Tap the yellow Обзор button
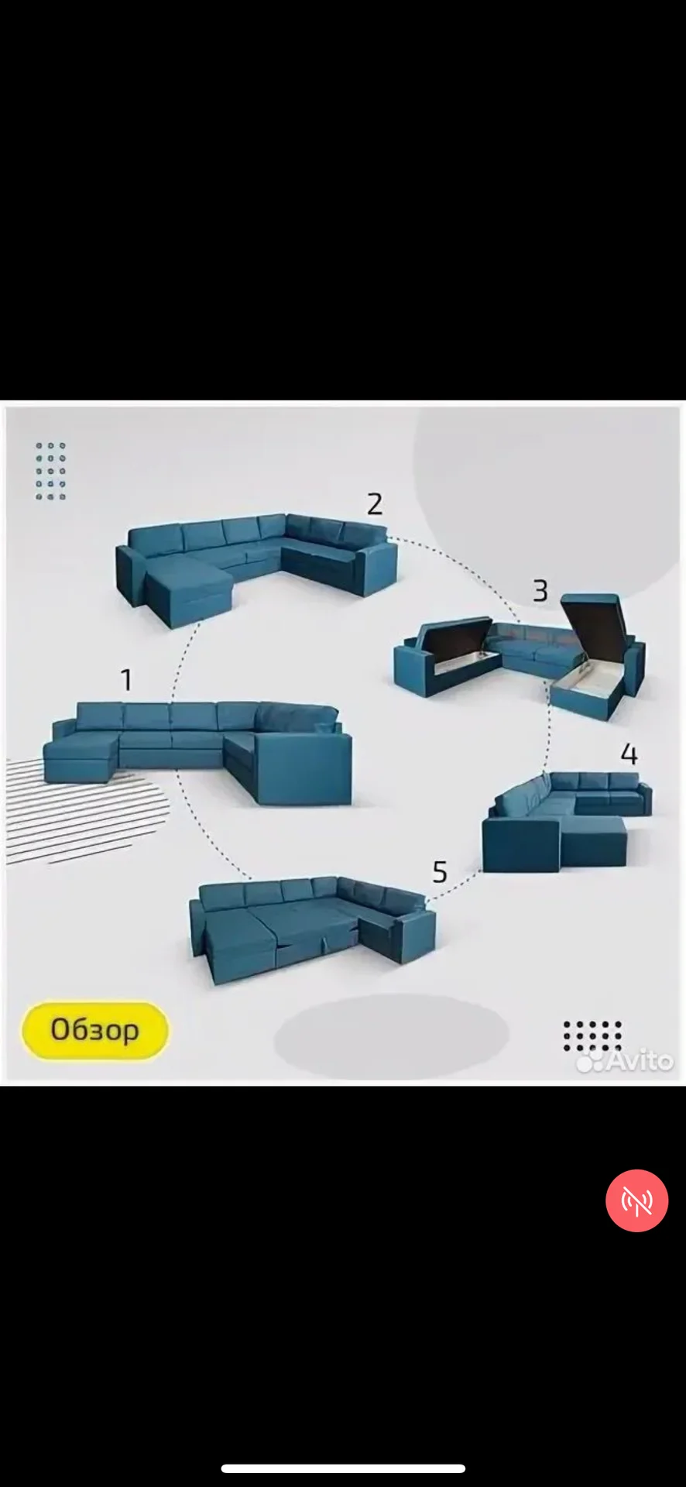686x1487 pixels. click(94, 1030)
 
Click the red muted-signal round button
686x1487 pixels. click(636, 1200)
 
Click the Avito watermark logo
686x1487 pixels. click(626, 1059)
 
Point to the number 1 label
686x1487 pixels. click(126, 680)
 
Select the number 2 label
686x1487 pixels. click(375, 504)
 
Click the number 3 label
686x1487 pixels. click(540, 591)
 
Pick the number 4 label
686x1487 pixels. click(629, 754)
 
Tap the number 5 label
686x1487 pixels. click(440, 872)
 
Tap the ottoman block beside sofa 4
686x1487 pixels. click(594, 842)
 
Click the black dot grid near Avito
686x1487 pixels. click(592, 1035)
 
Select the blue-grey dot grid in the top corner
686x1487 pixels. click(51, 471)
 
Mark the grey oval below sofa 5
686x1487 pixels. click(392, 1034)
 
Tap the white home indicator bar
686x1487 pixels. click(343, 1468)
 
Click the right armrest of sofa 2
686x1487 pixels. click(379, 568)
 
